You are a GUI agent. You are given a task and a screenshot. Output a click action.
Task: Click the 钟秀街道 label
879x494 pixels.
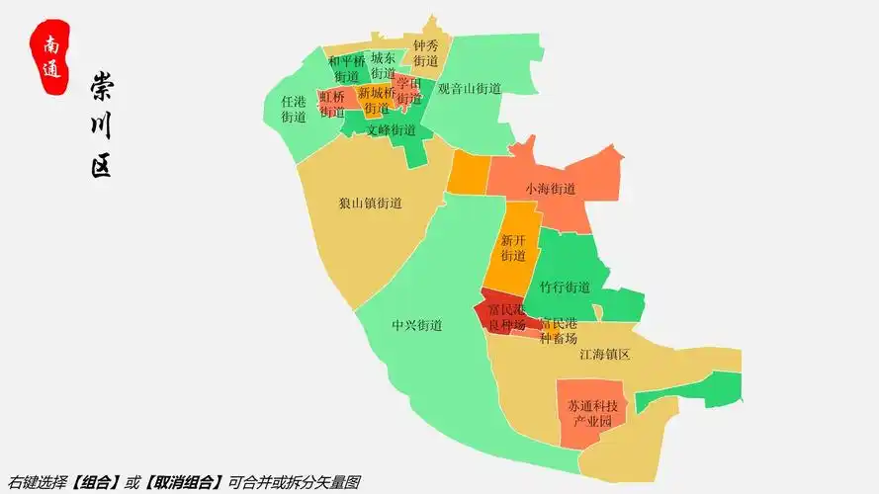[x=425, y=53]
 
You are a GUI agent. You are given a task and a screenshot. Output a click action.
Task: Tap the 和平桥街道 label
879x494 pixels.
[x=346, y=68]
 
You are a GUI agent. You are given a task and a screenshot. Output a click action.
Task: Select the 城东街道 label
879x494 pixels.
[x=383, y=66]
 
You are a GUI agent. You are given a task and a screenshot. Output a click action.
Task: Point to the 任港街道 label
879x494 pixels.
[x=294, y=109]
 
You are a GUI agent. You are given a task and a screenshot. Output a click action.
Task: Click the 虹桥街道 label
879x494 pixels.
[x=332, y=104]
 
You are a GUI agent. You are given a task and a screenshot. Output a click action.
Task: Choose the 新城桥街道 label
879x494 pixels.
[x=376, y=100]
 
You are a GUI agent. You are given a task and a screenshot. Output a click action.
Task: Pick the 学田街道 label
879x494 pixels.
[x=409, y=91]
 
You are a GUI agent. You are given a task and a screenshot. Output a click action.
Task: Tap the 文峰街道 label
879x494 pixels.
[x=391, y=129]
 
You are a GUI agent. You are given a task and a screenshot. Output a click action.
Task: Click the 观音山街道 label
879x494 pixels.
[x=470, y=88]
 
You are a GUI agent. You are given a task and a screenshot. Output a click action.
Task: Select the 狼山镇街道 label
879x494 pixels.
[x=370, y=204]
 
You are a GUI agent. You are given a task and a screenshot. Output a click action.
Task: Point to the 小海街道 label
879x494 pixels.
[x=550, y=188]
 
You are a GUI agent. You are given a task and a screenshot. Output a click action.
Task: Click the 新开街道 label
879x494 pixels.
[x=513, y=248]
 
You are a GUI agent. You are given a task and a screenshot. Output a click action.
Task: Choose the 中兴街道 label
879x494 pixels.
[x=416, y=325]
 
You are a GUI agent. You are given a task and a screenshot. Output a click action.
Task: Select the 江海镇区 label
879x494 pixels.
[x=604, y=354]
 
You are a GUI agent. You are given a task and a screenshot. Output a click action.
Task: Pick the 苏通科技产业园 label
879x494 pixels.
[x=592, y=414]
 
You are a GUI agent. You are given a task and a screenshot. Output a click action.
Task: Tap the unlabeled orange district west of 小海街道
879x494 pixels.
[x=468, y=174]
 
